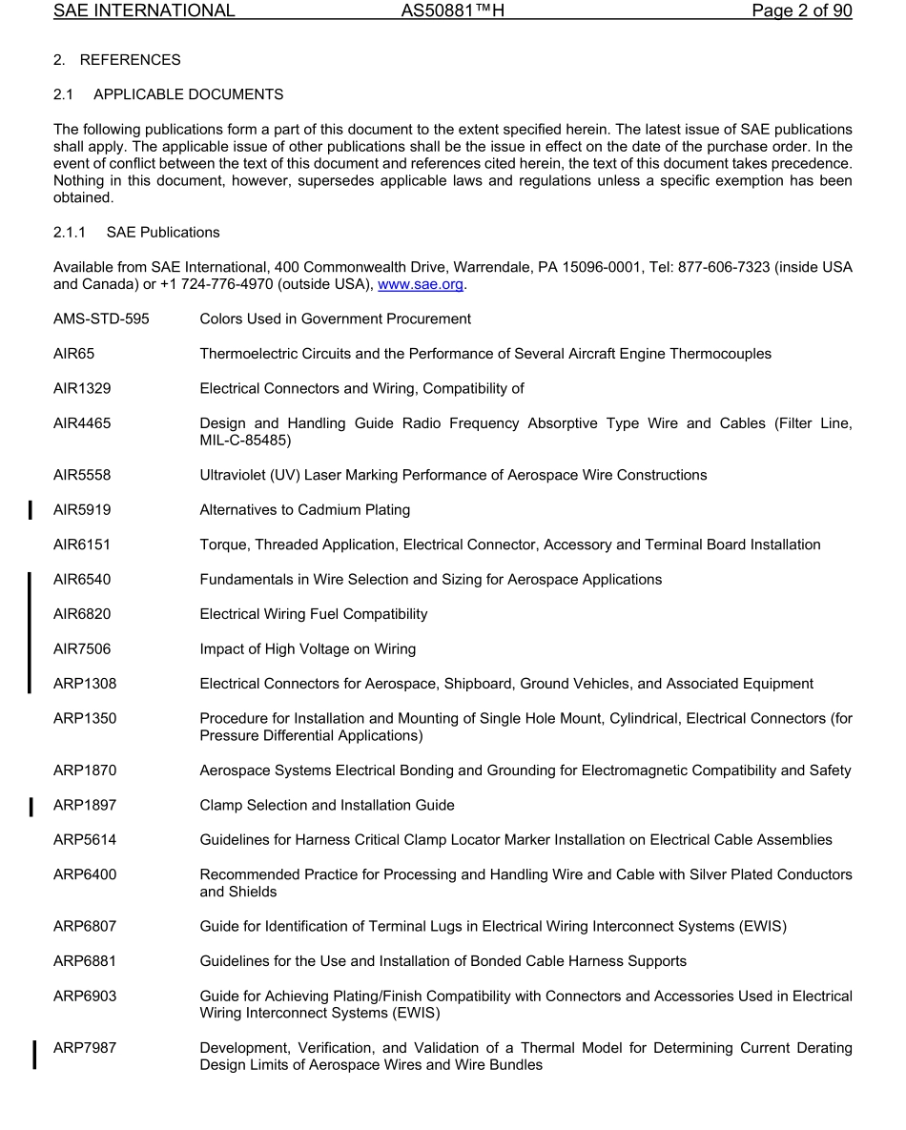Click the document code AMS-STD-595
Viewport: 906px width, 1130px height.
click(x=101, y=318)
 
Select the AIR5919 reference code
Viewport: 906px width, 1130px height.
click(x=81, y=510)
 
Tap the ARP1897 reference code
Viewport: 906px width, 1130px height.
click(x=84, y=806)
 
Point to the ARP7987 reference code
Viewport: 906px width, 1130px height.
click(x=84, y=1048)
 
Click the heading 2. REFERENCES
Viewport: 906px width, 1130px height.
click(x=116, y=60)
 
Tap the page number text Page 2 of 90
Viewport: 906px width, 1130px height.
click(x=801, y=11)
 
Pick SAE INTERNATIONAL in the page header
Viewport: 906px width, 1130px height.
click(x=144, y=11)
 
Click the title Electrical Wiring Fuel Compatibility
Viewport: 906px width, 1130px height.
click(x=313, y=614)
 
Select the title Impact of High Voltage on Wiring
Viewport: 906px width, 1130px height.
click(x=307, y=649)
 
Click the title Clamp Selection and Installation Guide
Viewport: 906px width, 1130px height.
click(x=326, y=806)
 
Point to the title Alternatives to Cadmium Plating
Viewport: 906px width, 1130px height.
click(x=304, y=510)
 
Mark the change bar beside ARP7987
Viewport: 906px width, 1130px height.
click(x=34, y=1056)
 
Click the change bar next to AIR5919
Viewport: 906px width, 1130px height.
click(x=31, y=510)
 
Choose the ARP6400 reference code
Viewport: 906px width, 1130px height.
click(x=84, y=874)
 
